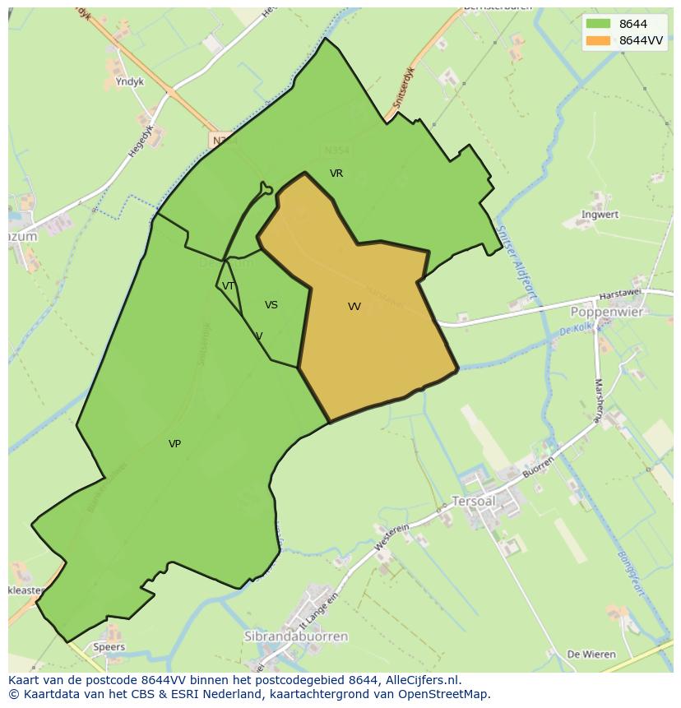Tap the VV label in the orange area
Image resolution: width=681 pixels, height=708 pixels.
tap(354, 307)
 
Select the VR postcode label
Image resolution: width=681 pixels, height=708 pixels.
tap(336, 174)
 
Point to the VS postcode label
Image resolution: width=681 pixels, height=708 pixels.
tap(271, 305)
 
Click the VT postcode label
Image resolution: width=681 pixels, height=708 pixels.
tap(229, 286)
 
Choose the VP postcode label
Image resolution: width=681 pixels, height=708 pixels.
tap(174, 444)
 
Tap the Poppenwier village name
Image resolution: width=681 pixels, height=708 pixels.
tap(607, 312)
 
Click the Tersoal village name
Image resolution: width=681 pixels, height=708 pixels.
tap(473, 501)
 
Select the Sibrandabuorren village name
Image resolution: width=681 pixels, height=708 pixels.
tap(296, 636)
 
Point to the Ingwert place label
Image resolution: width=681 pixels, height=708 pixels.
tap(600, 215)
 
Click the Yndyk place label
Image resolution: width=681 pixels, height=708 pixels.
tap(130, 82)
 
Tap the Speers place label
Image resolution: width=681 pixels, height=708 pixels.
tap(109, 647)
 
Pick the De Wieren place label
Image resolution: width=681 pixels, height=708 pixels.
tap(591, 655)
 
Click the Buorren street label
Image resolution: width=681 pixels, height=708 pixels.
tap(537, 468)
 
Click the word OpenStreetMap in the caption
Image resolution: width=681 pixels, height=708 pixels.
tap(445, 694)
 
